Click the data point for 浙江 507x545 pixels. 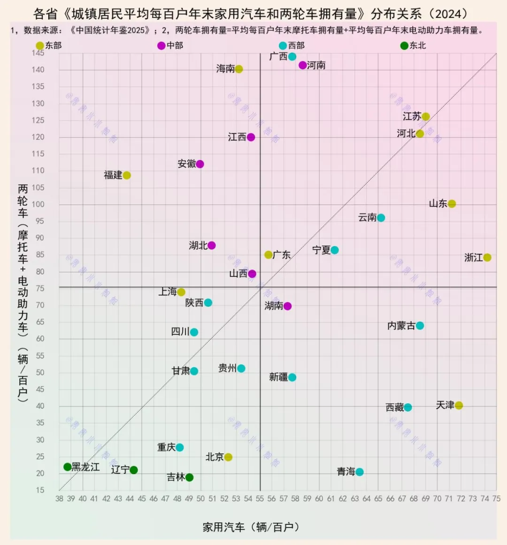[x=487, y=257]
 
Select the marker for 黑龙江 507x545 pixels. [x=68, y=467]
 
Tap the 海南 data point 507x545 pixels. [x=239, y=69]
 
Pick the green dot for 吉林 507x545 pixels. [x=189, y=477]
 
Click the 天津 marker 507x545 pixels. [x=459, y=405]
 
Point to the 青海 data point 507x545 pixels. [x=360, y=472]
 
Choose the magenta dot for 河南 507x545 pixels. [x=303, y=65]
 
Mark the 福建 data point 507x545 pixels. [x=127, y=175]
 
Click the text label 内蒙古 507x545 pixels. [x=401, y=326]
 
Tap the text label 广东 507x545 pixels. [x=282, y=255]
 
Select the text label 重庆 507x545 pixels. [x=166, y=447]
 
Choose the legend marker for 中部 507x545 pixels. [x=161, y=46]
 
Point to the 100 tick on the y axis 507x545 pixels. [x=38, y=204]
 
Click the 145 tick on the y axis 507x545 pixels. [x=38, y=53]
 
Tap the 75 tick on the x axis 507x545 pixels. [x=496, y=499]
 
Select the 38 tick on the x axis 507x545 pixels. [x=59, y=499]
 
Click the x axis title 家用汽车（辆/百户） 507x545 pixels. [x=251, y=527]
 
